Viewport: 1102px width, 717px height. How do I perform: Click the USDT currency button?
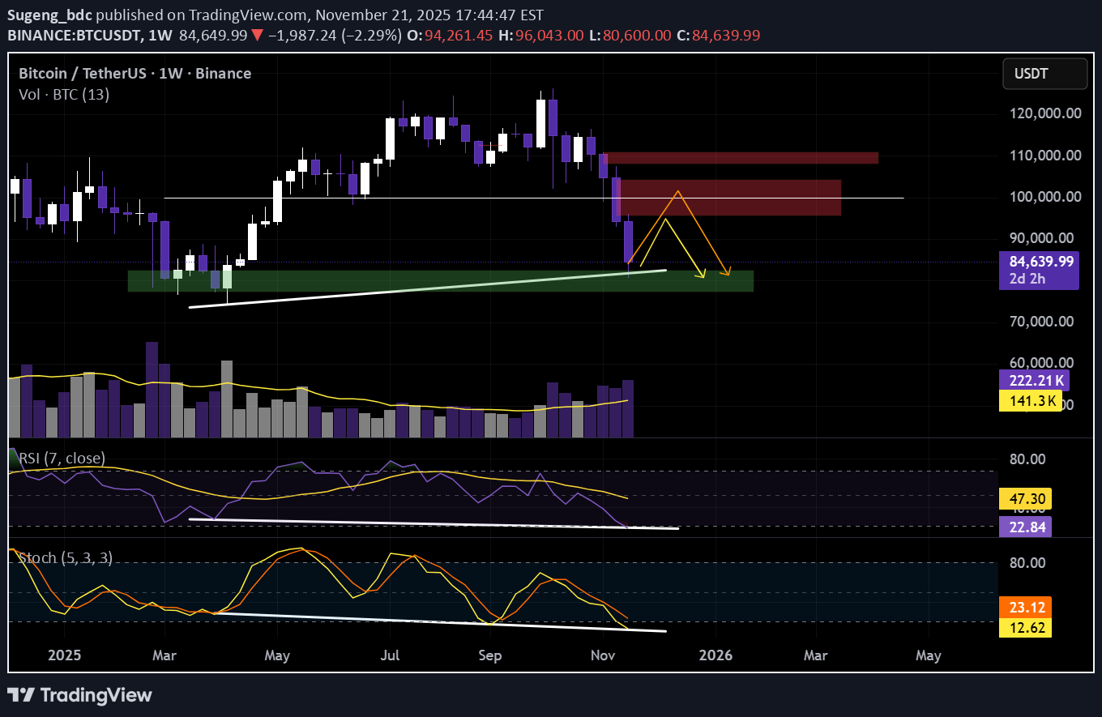pyautogui.click(x=1044, y=74)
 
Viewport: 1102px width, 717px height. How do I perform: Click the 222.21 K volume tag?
pyautogui.click(x=1035, y=380)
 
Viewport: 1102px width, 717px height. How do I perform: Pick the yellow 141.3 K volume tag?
pyautogui.click(x=1031, y=400)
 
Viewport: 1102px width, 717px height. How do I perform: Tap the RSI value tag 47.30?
pyautogui.click(x=1026, y=497)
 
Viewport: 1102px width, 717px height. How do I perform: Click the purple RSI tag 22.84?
pyautogui.click(x=1026, y=527)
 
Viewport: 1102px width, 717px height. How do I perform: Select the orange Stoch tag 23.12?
pyautogui.click(x=1026, y=607)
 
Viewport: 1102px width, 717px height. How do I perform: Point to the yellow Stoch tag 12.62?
pyautogui.click(x=1026, y=626)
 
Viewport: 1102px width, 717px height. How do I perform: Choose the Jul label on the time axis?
pyautogui.click(x=391, y=655)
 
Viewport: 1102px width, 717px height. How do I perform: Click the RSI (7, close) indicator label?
pyautogui.click(x=62, y=459)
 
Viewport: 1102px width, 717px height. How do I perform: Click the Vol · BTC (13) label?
pyautogui.click(x=64, y=94)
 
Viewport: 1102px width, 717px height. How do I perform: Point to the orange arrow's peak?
pyautogui.click(x=677, y=191)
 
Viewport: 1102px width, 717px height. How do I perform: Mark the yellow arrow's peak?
pyautogui.click(x=666, y=219)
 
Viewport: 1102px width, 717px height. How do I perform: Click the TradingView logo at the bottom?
pyautogui.click(x=79, y=695)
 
